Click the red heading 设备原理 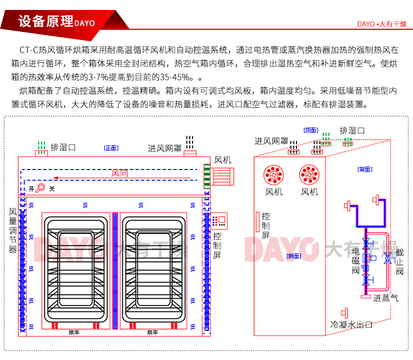click(x=45, y=21)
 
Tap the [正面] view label click(x=111, y=148)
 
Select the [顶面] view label click(x=311, y=130)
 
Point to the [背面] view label click(x=364, y=169)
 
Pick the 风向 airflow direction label click(x=120, y=173)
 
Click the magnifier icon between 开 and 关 click(x=41, y=188)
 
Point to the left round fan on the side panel click(x=273, y=175)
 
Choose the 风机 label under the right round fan click(x=309, y=192)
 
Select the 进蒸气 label click(x=385, y=298)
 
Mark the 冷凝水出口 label click(x=351, y=325)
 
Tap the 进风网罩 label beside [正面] click(x=164, y=148)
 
